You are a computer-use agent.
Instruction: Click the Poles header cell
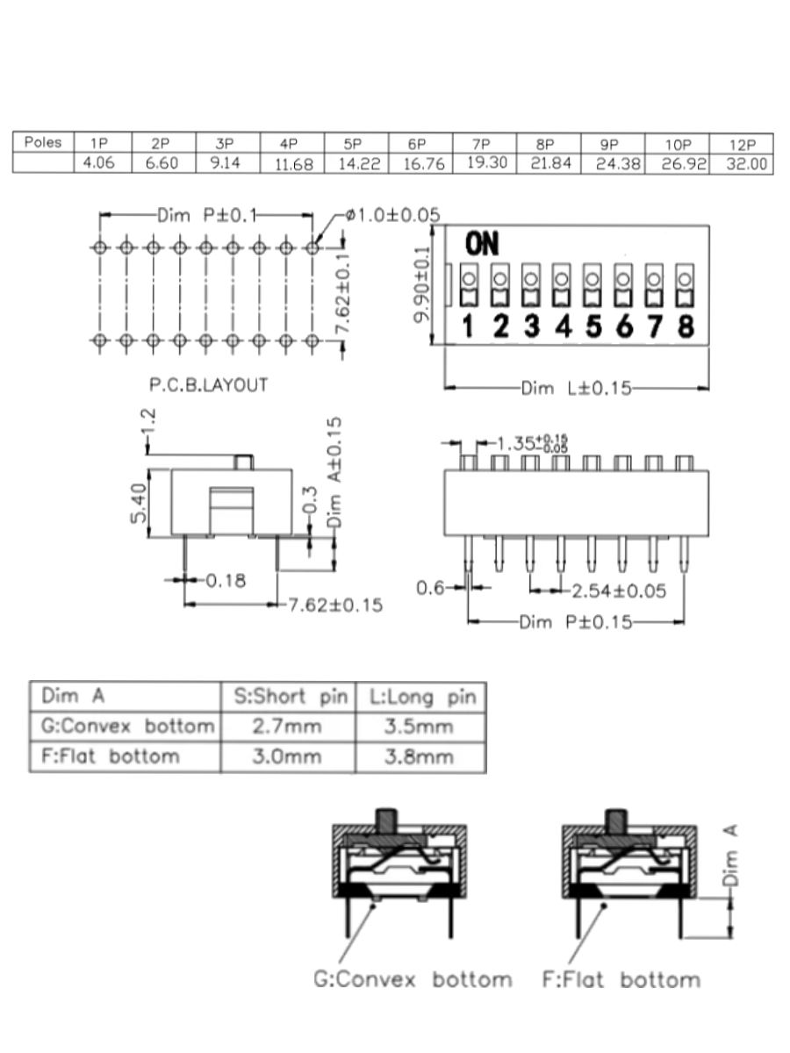[43, 142]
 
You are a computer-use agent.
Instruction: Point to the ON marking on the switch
[482, 244]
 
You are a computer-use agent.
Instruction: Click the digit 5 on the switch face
[594, 326]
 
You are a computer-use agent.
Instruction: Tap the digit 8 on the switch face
[686, 326]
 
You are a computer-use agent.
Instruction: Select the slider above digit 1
[469, 285]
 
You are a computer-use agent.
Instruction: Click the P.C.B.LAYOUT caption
[209, 384]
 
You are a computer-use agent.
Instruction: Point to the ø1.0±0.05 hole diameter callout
[393, 215]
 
